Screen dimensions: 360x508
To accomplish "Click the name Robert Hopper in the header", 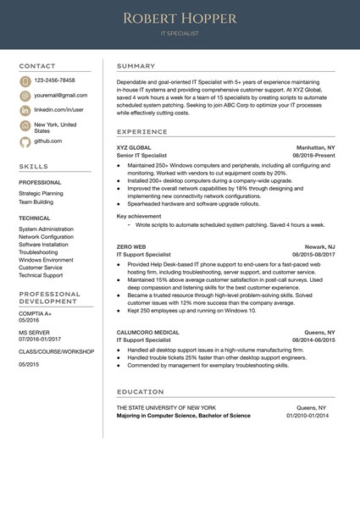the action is pos(180,18).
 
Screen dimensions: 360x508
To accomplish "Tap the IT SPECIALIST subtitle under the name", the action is pos(180,35).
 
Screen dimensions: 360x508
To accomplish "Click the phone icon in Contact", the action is pos(25,81).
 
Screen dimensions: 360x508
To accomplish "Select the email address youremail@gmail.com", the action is pos(61,96).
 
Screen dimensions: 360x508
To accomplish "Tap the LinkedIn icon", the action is pos(25,111).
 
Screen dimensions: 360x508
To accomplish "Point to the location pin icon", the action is pos(25,126).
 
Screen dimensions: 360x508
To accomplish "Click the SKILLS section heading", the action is pos(34,167).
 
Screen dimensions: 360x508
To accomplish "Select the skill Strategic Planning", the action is pos(41,193).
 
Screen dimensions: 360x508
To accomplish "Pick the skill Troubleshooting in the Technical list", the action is pos(38,252).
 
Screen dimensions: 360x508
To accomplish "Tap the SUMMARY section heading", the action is pos(136,66).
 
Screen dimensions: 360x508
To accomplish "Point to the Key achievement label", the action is pos(138,217).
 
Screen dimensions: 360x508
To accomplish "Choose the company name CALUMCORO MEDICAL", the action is pos(147,332).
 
